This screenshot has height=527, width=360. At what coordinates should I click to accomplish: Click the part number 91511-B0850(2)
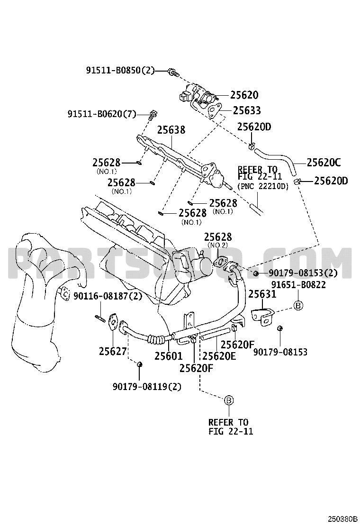click(x=120, y=71)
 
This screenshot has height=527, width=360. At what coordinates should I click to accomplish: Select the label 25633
click(x=245, y=110)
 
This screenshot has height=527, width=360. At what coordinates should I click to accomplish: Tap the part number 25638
click(x=171, y=129)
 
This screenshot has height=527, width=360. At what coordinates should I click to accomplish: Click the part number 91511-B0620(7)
click(x=101, y=114)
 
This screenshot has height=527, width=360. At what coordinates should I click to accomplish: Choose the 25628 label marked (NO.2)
click(x=218, y=236)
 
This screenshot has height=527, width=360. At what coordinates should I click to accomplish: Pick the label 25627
click(x=113, y=351)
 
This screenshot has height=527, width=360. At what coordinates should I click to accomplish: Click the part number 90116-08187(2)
click(x=107, y=296)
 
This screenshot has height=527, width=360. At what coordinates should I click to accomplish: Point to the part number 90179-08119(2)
click(x=147, y=386)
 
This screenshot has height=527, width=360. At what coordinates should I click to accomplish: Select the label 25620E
click(x=219, y=355)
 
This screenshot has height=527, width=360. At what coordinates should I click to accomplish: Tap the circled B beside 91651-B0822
click(x=298, y=306)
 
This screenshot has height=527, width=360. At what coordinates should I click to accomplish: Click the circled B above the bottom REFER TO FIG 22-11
click(x=228, y=400)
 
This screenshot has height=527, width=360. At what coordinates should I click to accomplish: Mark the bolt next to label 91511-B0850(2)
click(x=173, y=73)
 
